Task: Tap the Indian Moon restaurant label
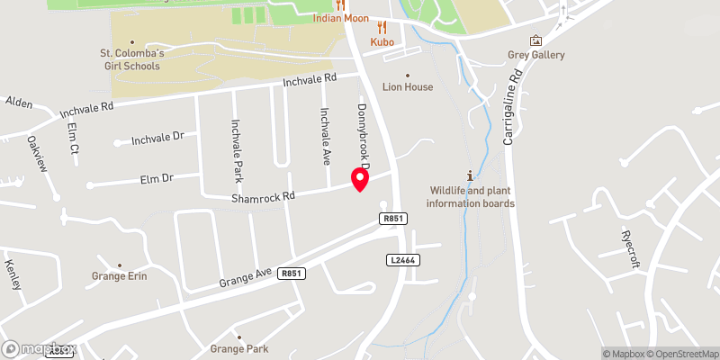click(340, 19)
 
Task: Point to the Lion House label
click(408, 87)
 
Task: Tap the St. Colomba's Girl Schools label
click(131, 59)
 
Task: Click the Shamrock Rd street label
click(263, 196)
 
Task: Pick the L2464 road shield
click(401, 260)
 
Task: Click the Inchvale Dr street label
click(157, 139)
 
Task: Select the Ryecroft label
click(629, 245)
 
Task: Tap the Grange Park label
click(238, 348)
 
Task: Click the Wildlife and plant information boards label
click(471, 196)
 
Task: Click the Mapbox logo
click(40, 348)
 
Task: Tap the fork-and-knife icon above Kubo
click(382, 27)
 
